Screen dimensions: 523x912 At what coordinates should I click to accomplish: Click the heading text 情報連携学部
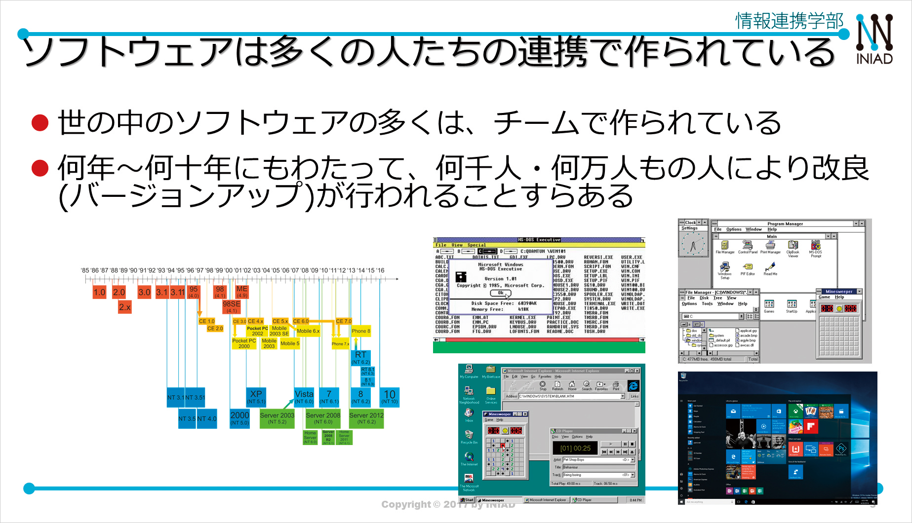[789, 21]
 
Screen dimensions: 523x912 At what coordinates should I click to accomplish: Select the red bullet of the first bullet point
[40, 123]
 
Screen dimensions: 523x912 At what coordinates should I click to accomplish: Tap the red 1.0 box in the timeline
[99, 292]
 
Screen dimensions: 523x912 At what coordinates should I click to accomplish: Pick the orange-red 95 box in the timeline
[193, 292]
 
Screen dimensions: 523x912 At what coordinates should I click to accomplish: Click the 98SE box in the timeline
[232, 306]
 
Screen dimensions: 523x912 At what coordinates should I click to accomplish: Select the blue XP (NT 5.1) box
[256, 397]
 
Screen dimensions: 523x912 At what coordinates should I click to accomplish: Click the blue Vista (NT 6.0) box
[304, 397]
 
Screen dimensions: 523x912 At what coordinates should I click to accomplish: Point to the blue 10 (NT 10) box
[390, 397]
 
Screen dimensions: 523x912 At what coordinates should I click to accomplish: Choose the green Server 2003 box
[277, 418]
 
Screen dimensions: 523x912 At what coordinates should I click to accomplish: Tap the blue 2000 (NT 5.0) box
[239, 418]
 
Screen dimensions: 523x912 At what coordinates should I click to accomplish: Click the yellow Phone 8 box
[360, 331]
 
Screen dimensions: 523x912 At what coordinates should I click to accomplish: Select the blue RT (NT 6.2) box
[360, 358]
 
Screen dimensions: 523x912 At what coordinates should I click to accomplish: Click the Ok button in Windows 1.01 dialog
[501, 293]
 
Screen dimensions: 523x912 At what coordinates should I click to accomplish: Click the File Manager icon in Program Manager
[724, 247]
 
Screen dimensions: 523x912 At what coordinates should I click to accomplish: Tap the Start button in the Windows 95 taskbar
[467, 500]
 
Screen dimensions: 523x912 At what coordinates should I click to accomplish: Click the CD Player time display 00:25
[575, 448]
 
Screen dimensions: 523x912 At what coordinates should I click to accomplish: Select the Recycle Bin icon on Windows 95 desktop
[469, 436]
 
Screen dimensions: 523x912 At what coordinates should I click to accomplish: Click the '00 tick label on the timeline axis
[229, 270]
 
